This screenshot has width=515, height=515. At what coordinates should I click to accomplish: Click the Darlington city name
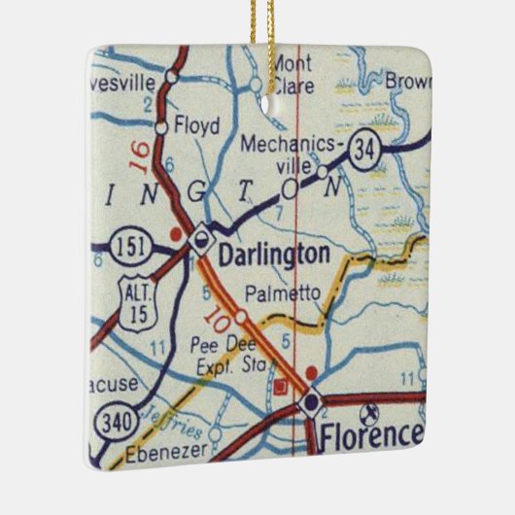[274, 256]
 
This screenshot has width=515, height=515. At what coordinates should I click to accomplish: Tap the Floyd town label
[197, 125]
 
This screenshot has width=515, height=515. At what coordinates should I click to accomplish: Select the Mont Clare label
[291, 74]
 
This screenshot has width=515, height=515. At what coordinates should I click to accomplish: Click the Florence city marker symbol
[311, 402]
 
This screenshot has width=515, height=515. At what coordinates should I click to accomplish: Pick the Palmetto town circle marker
[239, 315]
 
